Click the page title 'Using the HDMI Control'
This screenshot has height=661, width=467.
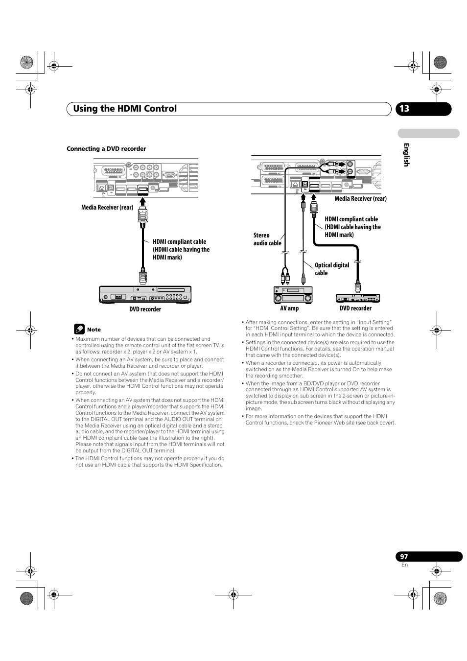(125, 109)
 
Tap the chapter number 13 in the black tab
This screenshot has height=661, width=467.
(403, 109)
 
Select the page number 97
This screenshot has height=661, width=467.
(403, 557)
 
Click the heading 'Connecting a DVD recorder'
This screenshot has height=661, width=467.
(106, 149)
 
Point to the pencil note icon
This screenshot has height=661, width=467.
(79, 330)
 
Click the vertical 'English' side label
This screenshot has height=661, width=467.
(406, 155)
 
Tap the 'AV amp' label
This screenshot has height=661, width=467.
(289, 308)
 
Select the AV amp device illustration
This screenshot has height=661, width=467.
(293, 295)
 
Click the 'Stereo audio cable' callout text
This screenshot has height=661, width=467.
(267, 239)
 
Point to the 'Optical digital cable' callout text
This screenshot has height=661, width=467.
(331, 269)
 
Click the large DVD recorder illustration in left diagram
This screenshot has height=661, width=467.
(145, 295)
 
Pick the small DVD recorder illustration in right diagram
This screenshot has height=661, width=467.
(357, 298)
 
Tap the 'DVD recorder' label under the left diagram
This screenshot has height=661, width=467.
(145, 309)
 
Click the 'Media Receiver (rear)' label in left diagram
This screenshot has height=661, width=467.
(107, 208)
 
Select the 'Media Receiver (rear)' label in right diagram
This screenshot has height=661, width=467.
(360, 199)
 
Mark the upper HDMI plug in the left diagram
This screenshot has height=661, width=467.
(143, 216)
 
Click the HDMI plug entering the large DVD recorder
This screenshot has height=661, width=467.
(143, 277)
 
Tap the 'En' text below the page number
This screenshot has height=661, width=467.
(404, 565)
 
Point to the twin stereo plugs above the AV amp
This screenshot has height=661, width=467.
(285, 277)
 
